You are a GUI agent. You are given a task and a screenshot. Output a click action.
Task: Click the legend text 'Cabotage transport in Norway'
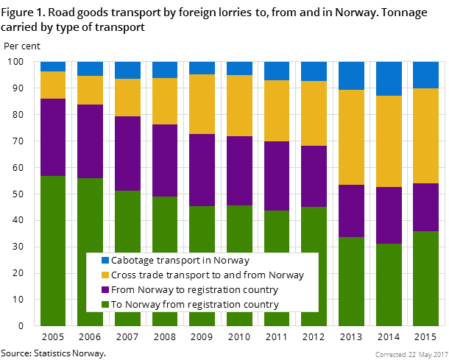click(180, 261)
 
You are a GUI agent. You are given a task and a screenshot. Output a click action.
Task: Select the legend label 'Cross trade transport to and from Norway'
click(207, 275)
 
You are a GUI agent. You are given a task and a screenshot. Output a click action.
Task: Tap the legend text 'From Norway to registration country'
click(194, 290)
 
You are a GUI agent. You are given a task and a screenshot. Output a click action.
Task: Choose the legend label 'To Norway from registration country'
click(194, 305)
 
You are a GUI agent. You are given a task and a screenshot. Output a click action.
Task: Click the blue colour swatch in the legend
click(105, 261)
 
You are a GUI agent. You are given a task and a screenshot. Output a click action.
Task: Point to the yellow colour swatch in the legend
click(105, 275)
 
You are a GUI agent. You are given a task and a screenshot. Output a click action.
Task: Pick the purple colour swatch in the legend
click(105, 290)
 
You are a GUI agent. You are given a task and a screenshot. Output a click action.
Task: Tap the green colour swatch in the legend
click(105, 305)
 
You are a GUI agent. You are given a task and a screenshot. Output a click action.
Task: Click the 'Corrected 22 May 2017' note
click(410, 354)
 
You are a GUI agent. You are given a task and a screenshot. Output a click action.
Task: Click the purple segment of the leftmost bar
click(53, 137)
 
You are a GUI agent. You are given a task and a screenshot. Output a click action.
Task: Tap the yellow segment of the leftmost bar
click(53, 85)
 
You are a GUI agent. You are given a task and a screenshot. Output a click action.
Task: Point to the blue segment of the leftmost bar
click(53, 66)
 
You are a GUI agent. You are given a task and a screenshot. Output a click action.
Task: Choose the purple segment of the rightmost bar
click(425, 207)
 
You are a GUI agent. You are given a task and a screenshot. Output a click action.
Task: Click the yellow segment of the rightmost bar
click(425, 135)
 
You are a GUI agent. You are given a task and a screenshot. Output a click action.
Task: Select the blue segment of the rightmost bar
click(425, 74)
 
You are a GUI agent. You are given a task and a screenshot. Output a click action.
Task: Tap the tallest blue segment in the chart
click(389, 78)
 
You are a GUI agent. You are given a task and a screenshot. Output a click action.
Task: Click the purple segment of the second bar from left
click(90, 141)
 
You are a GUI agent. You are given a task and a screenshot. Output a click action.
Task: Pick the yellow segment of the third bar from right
click(351, 137)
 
